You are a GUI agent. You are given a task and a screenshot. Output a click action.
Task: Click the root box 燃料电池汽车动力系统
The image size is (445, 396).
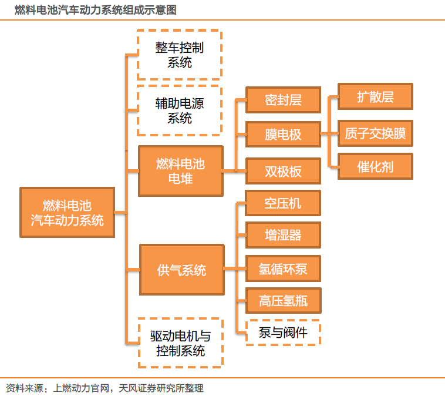[x=67, y=213]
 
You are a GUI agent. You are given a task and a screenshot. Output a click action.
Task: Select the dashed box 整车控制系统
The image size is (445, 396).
[x=179, y=55]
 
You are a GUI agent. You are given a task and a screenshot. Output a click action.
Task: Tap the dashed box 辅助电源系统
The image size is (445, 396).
[x=179, y=110]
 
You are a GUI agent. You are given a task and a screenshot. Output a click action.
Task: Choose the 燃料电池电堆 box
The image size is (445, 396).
[x=180, y=171]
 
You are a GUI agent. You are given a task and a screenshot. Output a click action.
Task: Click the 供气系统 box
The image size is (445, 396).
[x=181, y=270]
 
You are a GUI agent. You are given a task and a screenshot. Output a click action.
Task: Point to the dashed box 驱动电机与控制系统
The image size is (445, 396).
[x=180, y=343]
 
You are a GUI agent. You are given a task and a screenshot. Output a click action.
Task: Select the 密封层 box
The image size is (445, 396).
[x=283, y=100]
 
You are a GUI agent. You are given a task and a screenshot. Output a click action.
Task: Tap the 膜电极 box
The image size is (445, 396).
[x=283, y=135]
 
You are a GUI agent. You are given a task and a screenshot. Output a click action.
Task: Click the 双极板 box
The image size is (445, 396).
[x=283, y=171]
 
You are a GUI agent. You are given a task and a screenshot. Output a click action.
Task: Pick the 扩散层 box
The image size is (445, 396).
[x=375, y=97]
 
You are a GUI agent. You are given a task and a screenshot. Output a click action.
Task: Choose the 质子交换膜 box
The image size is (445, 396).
[x=375, y=133]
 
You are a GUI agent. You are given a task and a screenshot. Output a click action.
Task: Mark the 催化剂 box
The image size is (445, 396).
[x=375, y=167]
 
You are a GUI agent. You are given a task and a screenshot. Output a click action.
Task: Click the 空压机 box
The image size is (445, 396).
[x=283, y=203]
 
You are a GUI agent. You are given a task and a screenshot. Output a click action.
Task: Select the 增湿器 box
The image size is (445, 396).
[x=283, y=236]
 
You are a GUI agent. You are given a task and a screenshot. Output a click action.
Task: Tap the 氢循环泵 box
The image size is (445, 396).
[x=283, y=270]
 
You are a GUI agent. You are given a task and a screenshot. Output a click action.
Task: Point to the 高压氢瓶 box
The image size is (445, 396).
[x=283, y=302]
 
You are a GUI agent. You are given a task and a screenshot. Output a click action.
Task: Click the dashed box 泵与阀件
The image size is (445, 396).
[x=283, y=333]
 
